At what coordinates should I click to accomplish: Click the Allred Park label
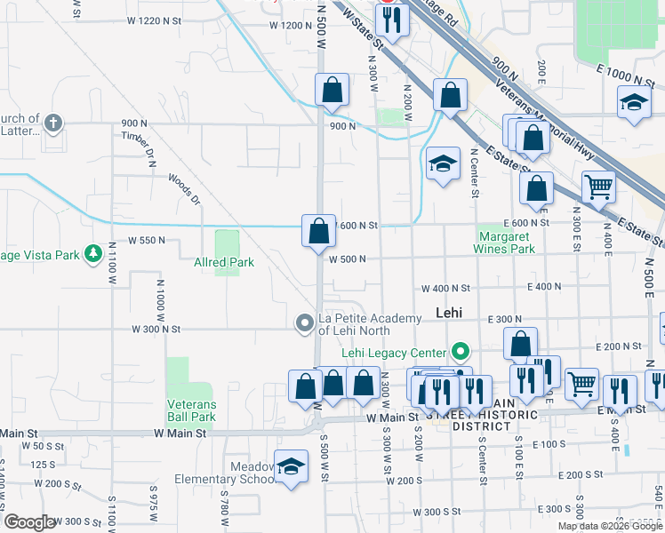pyautogui.click(x=224, y=262)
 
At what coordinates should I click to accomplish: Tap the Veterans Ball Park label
pyautogui.click(x=191, y=410)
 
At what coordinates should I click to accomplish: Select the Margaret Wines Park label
pyautogui.click(x=507, y=243)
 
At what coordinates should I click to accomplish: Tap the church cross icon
pyautogui.click(x=52, y=123)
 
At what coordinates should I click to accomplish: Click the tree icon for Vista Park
pyautogui.click(x=93, y=255)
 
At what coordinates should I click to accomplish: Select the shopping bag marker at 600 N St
pyautogui.click(x=318, y=232)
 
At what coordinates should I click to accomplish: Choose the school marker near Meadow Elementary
pyautogui.click(x=290, y=467)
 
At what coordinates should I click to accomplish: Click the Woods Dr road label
pyautogui.click(x=184, y=188)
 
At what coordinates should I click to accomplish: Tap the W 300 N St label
pyautogui.click(x=156, y=329)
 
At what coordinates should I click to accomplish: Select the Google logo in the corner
pyautogui.click(x=29, y=522)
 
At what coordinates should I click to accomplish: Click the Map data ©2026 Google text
pyautogui.click(x=611, y=526)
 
